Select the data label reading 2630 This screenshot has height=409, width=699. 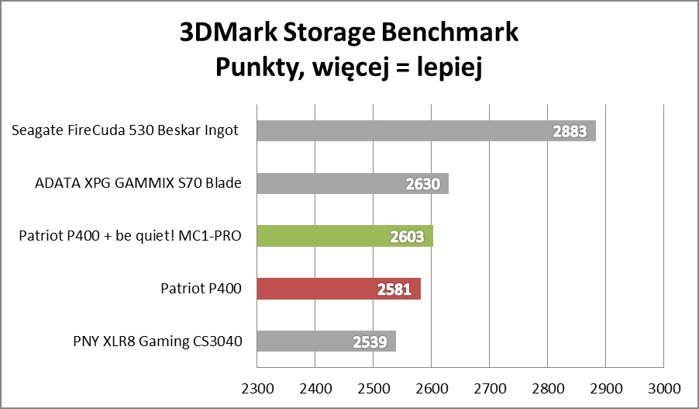tap(423, 184)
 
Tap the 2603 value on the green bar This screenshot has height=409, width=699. tap(408, 237)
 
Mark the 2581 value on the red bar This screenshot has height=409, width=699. tap(395, 289)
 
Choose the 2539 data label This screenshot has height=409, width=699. tap(370, 342)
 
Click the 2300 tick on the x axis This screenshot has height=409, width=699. tap(257, 386)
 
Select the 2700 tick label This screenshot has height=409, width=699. tap(489, 386)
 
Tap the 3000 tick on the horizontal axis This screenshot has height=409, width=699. tap(663, 386)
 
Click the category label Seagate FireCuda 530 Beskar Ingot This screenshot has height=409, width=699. tap(125, 130)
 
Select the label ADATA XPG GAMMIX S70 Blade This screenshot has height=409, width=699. tap(139, 184)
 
